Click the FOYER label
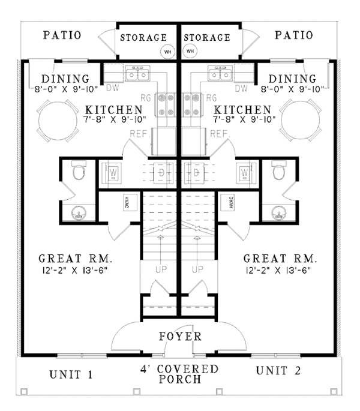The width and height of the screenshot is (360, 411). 180,337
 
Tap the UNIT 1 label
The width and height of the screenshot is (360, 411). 70,376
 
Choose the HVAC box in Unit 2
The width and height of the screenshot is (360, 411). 231,203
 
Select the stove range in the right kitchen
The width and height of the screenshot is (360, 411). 191,104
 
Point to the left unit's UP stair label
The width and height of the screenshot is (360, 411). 160,270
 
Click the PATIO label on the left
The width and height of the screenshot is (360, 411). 62,35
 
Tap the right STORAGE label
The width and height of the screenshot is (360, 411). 207,37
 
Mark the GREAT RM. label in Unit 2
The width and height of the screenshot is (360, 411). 280,259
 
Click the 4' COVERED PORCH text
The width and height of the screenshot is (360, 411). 179,374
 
